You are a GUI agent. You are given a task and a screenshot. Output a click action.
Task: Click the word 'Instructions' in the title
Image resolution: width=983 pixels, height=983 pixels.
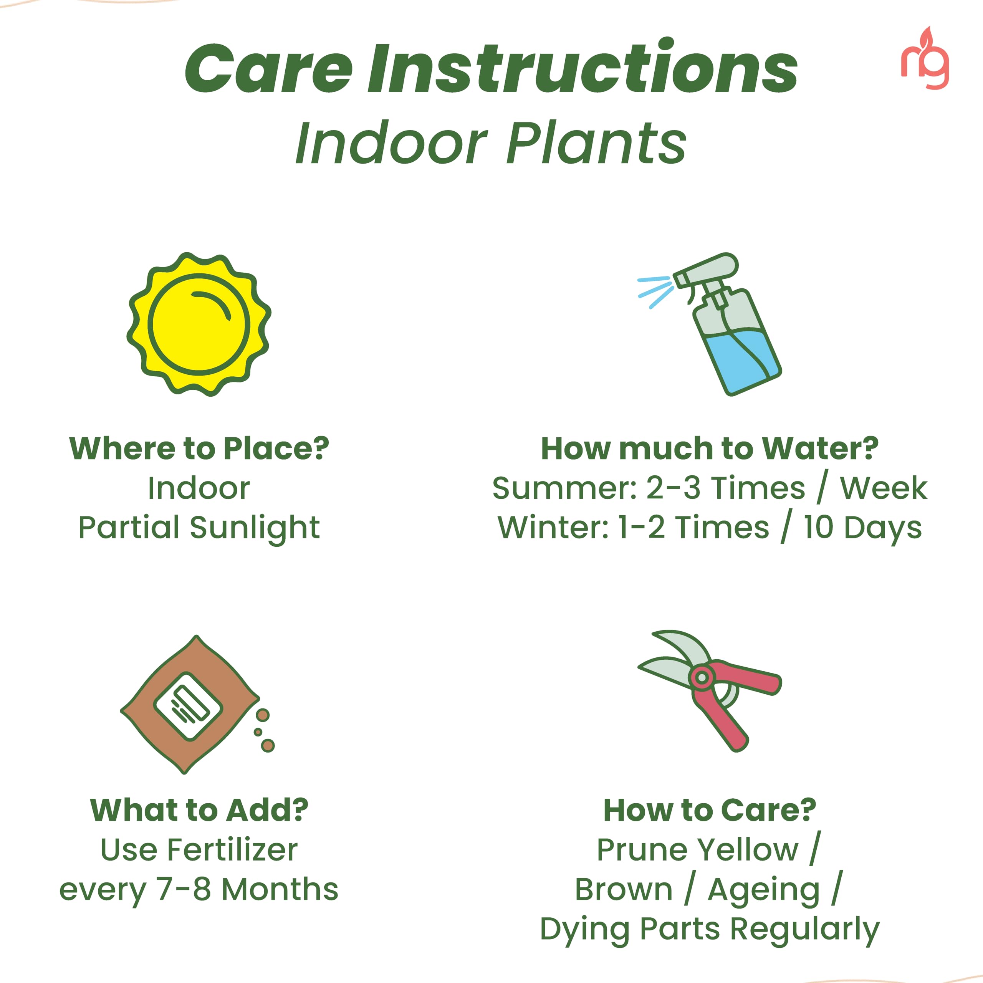[x=583, y=69]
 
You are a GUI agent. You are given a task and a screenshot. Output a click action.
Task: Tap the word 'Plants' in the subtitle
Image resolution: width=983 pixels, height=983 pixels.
[x=596, y=144]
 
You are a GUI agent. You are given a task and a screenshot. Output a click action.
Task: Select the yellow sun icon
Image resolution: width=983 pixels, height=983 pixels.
[x=199, y=324]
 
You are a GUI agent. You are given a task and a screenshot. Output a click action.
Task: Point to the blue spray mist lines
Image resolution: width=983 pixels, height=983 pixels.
[x=655, y=292]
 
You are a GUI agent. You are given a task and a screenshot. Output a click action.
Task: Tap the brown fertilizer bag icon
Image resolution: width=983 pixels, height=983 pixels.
[x=191, y=704]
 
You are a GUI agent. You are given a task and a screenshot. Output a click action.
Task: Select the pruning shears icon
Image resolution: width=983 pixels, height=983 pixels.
[x=710, y=690]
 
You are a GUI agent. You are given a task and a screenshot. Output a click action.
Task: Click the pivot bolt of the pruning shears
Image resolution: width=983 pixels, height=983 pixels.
[x=702, y=678]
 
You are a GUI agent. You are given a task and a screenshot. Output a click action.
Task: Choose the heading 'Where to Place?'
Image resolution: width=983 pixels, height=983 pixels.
[x=199, y=449]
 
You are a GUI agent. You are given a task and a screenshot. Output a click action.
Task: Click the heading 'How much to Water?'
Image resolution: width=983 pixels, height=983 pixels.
[x=710, y=449]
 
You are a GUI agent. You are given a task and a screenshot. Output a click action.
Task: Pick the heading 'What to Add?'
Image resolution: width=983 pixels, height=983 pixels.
[x=199, y=810]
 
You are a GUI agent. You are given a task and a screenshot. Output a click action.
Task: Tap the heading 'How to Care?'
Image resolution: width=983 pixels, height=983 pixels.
[x=710, y=810]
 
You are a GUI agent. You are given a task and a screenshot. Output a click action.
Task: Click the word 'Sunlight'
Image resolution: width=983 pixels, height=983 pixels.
[x=255, y=528]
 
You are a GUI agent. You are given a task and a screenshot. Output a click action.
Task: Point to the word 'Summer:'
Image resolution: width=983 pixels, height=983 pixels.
[x=565, y=488]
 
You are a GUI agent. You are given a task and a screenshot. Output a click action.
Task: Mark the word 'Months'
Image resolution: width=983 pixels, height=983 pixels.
[x=280, y=889]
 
